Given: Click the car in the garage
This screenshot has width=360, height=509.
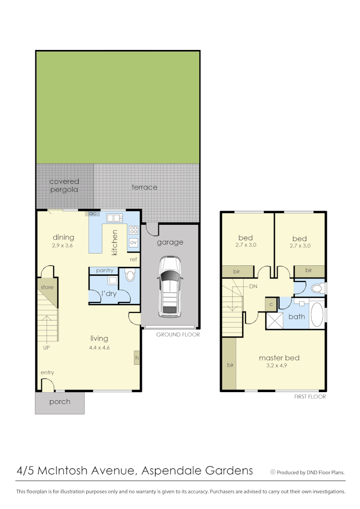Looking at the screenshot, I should pyautogui.click(x=170, y=286).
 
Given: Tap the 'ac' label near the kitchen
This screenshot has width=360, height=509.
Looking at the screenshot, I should pyautogui.click(x=93, y=213).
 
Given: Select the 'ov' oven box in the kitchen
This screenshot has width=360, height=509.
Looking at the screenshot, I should pyautogui.click(x=133, y=242).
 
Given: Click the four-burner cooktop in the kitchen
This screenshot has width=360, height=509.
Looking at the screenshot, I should pyautogui.click(x=133, y=230).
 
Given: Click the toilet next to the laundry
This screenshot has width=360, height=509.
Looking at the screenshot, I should pyautogui.click(x=130, y=275).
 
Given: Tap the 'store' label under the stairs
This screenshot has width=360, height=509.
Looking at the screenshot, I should pyautogui.click(x=47, y=287).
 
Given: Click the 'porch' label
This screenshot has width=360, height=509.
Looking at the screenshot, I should pyautogui.click(x=60, y=402).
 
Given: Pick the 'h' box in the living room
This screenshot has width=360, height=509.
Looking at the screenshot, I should pyautogui.click(x=137, y=358).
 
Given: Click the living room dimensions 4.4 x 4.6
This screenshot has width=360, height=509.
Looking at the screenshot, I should pyautogui.click(x=99, y=348).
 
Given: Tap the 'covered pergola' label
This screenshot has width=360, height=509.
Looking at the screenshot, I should pyautogui.click(x=64, y=185).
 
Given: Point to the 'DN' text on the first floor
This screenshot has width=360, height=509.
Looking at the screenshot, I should pyautogui.click(x=253, y=286).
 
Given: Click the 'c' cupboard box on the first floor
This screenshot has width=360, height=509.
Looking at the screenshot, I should pyautogui.click(x=271, y=304).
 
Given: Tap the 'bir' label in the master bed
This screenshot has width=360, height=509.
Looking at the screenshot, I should pyautogui.click(x=230, y=365).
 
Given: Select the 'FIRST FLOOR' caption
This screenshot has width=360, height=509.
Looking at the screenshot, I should pyautogui.click(x=310, y=397).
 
